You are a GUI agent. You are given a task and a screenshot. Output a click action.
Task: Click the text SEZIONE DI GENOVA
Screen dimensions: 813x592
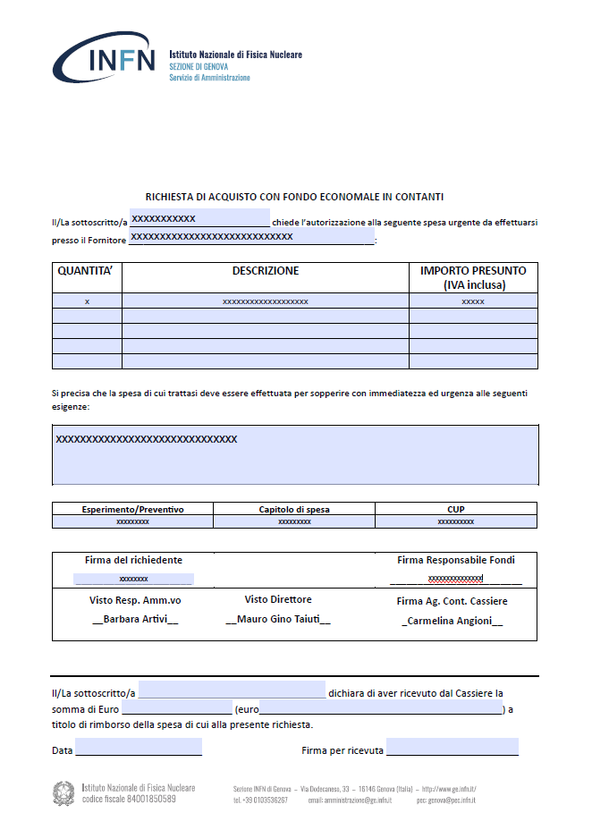pyautogui.click(x=199, y=66)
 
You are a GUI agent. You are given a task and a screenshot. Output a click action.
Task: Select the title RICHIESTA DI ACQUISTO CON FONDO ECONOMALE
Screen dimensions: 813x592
pyautogui.click(x=295, y=196)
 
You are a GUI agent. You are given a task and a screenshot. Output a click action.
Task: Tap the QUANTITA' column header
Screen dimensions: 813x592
pyautogui.click(x=87, y=271)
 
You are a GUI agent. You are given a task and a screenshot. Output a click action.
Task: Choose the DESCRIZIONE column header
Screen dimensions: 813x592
pyautogui.click(x=266, y=271)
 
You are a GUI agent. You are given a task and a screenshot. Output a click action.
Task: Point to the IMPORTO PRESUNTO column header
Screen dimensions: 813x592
pyautogui.click(x=473, y=277)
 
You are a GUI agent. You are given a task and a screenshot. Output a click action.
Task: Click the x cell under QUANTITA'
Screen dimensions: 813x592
pyautogui.click(x=87, y=302)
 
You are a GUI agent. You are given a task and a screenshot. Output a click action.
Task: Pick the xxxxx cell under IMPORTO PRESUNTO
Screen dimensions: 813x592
pyautogui.click(x=473, y=302)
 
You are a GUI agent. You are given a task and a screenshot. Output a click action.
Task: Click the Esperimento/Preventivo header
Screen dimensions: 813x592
pyautogui.click(x=132, y=509)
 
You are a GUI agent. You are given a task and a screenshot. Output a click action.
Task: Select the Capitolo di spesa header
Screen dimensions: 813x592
pyautogui.click(x=294, y=509)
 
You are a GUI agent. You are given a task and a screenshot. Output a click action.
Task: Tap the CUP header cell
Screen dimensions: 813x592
pyautogui.click(x=456, y=509)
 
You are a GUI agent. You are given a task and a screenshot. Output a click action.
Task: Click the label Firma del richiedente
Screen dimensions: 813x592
pyautogui.click(x=133, y=560)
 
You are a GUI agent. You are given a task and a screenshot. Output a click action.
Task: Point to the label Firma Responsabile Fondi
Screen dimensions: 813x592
pyautogui.click(x=456, y=560)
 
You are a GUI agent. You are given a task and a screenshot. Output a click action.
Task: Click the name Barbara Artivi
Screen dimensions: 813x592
pyautogui.click(x=135, y=619)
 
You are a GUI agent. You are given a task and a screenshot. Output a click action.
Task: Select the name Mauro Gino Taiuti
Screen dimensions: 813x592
pyautogui.click(x=277, y=619)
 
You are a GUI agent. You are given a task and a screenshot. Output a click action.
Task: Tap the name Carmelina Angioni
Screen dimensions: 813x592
pyautogui.click(x=452, y=621)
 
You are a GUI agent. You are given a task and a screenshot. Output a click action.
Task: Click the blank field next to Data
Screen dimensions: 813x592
pyautogui.click(x=139, y=748)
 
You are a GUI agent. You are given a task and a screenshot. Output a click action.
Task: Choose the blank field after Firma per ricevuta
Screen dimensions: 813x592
pyautogui.click(x=452, y=748)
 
